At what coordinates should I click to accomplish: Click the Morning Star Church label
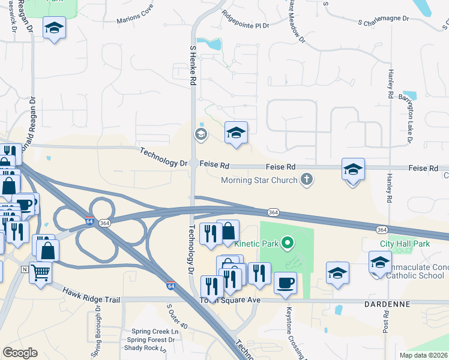[259, 180]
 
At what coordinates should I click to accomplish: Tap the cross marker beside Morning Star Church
[307, 179]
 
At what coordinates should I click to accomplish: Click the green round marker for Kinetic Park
[288, 243]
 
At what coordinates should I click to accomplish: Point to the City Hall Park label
[405, 244]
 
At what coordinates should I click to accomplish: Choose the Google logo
[20, 353]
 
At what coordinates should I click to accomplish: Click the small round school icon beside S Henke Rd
[200, 134]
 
